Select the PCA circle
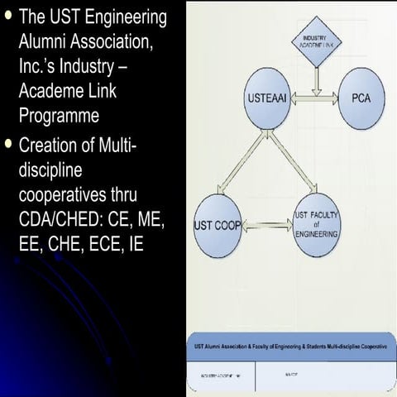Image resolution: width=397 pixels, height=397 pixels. (x=361, y=98)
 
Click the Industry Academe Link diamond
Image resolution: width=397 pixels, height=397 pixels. (x=314, y=44)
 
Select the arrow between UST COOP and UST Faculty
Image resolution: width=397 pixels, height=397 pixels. (x=267, y=223)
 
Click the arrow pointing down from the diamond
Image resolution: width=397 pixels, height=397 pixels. (x=314, y=76)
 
